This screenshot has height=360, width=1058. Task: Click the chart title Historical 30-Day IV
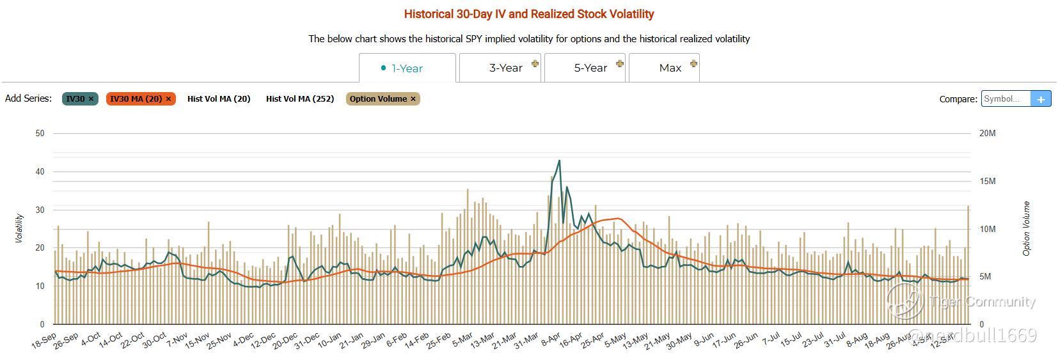click(x=529, y=13)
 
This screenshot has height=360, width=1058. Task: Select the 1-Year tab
click(x=407, y=68)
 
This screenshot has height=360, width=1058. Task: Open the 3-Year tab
click(x=505, y=68)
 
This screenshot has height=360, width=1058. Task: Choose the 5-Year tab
click(x=590, y=68)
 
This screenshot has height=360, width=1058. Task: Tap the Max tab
click(x=670, y=68)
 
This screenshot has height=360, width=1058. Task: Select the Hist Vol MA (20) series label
click(x=219, y=98)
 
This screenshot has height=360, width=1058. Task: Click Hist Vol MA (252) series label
click(x=300, y=98)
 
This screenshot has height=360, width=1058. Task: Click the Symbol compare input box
click(x=1006, y=99)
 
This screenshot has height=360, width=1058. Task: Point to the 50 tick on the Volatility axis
click(x=40, y=133)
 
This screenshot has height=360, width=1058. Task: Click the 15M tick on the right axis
click(x=988, y=181)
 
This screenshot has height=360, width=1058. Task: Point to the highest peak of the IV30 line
click(x=559, y=160)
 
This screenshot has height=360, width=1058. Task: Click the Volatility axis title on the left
click(x=19, y=228)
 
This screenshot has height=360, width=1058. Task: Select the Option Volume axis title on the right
click(x=1027, y=228)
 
